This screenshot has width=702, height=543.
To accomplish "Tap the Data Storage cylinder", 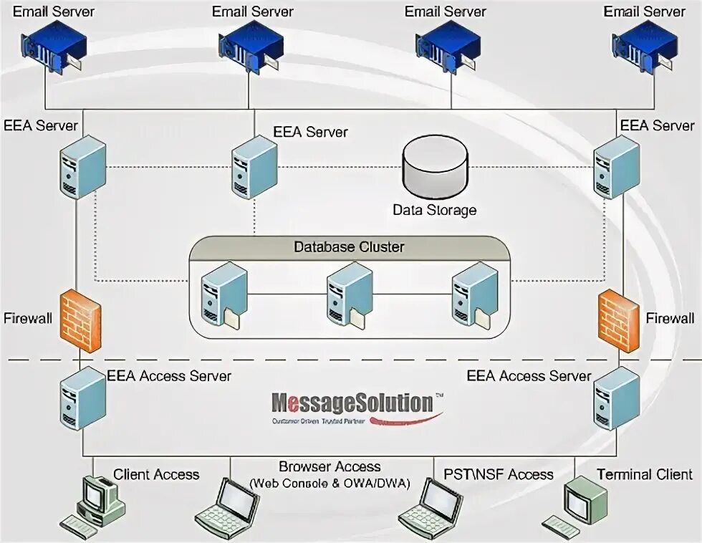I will click(x=434, y=166).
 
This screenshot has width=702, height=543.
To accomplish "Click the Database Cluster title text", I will click(x=349, y=247).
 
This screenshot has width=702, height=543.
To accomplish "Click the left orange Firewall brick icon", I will click(x=80, y=319).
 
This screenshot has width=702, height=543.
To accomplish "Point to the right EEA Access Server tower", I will click(x=617, y=398).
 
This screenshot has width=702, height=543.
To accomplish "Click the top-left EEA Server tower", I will click(x=82, y=166).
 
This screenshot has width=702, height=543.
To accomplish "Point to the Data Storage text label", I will click(x=434, y=210).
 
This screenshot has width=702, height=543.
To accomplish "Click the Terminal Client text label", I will click(x=644, y=474).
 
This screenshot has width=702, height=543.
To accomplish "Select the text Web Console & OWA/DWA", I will click(x=330, y=484).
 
